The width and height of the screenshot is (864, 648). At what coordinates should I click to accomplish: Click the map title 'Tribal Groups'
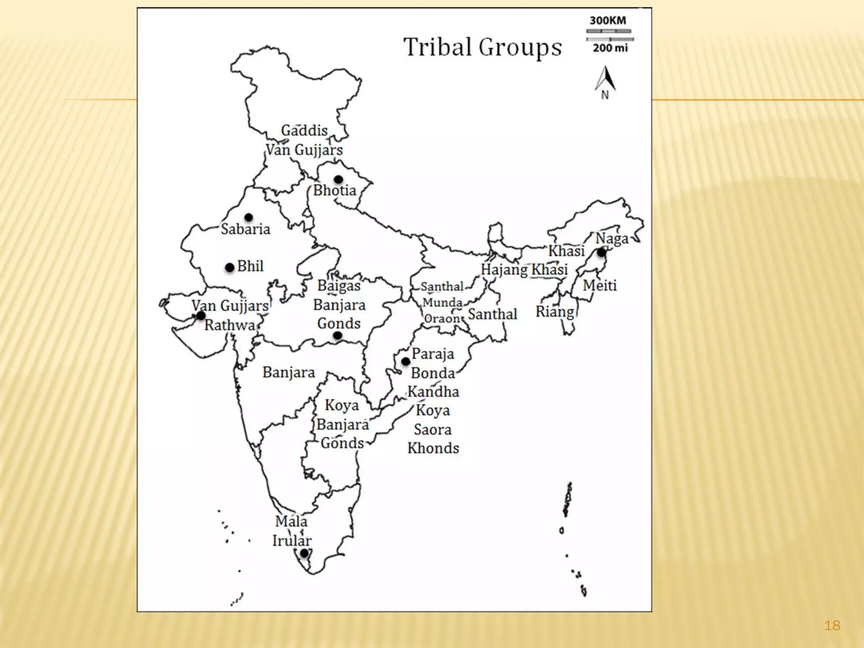click(x=483, y=47)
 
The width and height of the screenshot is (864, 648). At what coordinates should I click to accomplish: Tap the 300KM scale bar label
click(x=607, y=21)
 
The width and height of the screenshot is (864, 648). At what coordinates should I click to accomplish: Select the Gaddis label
click(x=304, y=131)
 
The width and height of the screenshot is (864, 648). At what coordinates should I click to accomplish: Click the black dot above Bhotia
click(x=338, y=179)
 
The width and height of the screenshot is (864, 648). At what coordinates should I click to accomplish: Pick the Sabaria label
click(x=246, y=229)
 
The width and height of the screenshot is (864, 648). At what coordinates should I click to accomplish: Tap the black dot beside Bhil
click(x=229, y=267)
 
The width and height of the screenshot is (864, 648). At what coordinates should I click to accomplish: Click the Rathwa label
click(x=230, y=325)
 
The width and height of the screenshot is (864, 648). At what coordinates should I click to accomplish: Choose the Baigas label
click(x=339, y=286)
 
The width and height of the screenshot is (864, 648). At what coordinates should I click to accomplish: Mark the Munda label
click(x=442, y=302)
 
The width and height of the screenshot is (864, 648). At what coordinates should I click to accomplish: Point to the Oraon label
click(x=441, y=319)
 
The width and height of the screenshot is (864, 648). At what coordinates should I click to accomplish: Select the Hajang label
click(x=505, y=270)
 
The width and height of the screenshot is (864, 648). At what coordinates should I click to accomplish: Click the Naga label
click(x=612, y=239)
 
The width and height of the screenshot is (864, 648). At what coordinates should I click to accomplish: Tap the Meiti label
click(x=599, y=286)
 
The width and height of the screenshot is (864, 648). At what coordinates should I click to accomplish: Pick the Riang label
click(x=555, y=312)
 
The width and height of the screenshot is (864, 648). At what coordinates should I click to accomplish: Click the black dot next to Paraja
click(x=405, y=362)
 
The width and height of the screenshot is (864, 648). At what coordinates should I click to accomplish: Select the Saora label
click(x=433, y=429)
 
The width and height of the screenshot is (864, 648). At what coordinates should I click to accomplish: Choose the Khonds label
click(x=433, y=448)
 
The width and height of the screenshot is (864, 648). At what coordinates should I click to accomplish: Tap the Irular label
click(x=292, y=541)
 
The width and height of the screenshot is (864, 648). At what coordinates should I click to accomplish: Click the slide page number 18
click(x=832, y=625)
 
